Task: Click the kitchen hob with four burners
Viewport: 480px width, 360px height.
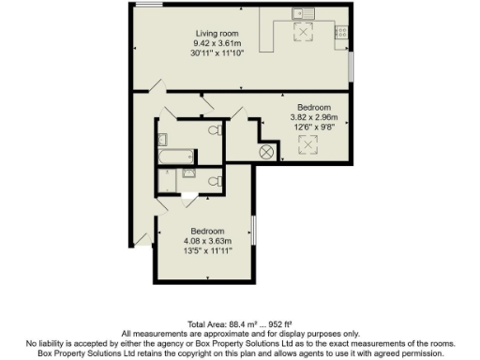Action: [341, 32]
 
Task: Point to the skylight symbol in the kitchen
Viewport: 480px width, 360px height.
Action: [303, 34]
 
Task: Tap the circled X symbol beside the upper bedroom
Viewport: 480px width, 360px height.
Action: [266, 151]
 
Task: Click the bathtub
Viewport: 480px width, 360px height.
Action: [175, 156]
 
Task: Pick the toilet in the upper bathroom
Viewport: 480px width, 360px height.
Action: [215, 130]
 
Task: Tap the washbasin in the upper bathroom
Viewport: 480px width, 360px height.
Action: [163, 173]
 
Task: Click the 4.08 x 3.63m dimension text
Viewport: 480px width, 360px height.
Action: [207, 241]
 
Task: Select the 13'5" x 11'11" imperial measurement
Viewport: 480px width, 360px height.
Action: [207, 251]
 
